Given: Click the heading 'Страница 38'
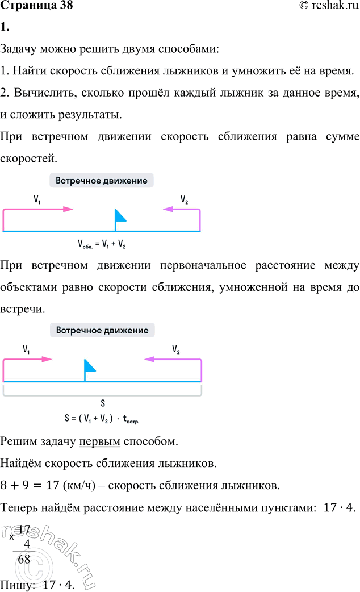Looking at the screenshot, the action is (x=36, y=5).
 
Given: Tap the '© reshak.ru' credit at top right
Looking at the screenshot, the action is (x=329, y=5).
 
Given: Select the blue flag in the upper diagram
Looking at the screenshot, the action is (x=120, y=219).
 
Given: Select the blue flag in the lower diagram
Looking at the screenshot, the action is (x=90, y=370).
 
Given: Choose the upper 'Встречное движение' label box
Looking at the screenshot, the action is (x=102, y=181).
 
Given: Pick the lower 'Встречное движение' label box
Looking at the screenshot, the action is (x=102, y=330).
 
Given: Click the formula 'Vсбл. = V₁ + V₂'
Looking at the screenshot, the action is (x=102, y=244).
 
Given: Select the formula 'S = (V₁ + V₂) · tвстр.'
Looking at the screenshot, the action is (x=102, y=419).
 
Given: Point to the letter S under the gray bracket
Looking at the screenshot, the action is (x=103, y=403).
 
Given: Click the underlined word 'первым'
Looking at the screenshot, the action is (x=99, y=441).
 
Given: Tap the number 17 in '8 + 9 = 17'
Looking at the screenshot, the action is (x=52, y=485).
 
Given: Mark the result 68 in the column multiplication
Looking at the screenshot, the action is (x=24, y=559).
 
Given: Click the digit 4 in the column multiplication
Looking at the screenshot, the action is (x=27, y=544).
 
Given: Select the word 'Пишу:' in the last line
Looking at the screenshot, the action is (x=18, y=585).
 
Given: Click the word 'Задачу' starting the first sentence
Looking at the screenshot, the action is (x=19, y=49).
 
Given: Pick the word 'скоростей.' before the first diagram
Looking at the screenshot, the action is (x=29, y=159).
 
